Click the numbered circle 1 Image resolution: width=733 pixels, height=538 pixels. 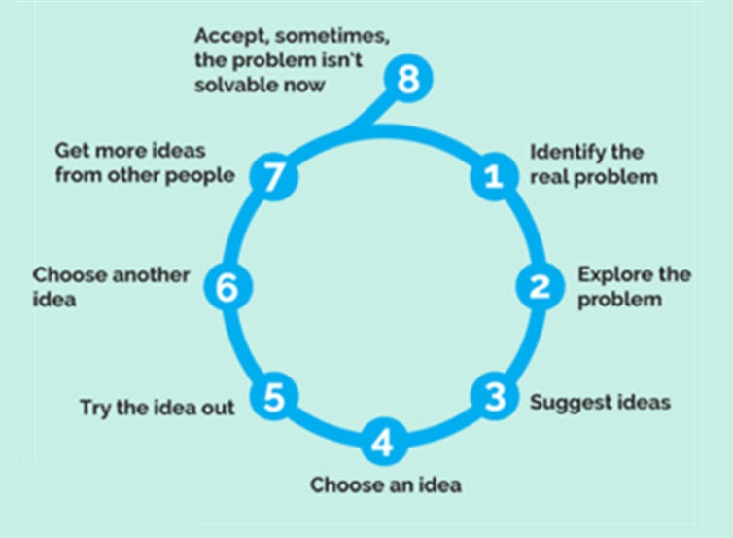pos(493,176)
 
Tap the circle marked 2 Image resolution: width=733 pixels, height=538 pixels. pos(539,286)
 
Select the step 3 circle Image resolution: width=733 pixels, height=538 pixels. pos(495,396)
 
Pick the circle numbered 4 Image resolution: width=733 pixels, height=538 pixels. pos(383,443)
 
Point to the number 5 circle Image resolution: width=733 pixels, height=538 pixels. pos(274,396)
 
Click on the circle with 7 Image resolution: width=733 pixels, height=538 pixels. pos(274,176)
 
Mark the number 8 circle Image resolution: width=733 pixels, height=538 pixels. pos(408,78)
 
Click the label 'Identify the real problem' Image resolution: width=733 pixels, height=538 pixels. pos(593,164)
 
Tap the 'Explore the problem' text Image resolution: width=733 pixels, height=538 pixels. pos(633,286)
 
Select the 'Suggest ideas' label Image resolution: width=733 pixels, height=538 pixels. pos(600,401)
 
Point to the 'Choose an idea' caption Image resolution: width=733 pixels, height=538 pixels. pos(386,484)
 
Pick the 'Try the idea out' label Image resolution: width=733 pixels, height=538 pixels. pos(157,408)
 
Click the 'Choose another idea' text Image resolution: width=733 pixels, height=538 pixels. pos(110,286)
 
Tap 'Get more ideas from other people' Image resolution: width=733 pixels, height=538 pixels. pos(144,163)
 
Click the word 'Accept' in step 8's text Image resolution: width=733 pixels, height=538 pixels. pos(231,35)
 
